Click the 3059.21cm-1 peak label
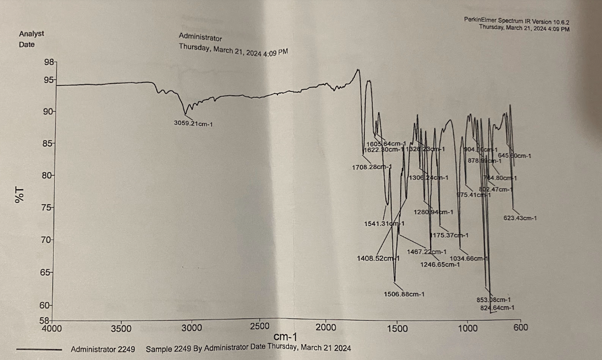pos(193,124)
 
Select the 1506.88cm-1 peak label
pos(404,294)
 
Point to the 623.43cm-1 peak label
pos(520,218)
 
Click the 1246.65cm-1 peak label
pos(439,265)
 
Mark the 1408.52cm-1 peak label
pos(378,258)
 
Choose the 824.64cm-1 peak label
pos(497,308)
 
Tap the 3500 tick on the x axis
pos(121,328)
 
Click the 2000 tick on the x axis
pos(326,328)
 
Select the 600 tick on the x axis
pos(520,328)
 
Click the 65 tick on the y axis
pos(46,272)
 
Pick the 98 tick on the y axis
pos(49,63)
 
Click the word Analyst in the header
pos(31,34)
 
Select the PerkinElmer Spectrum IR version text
pos(516,20)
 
